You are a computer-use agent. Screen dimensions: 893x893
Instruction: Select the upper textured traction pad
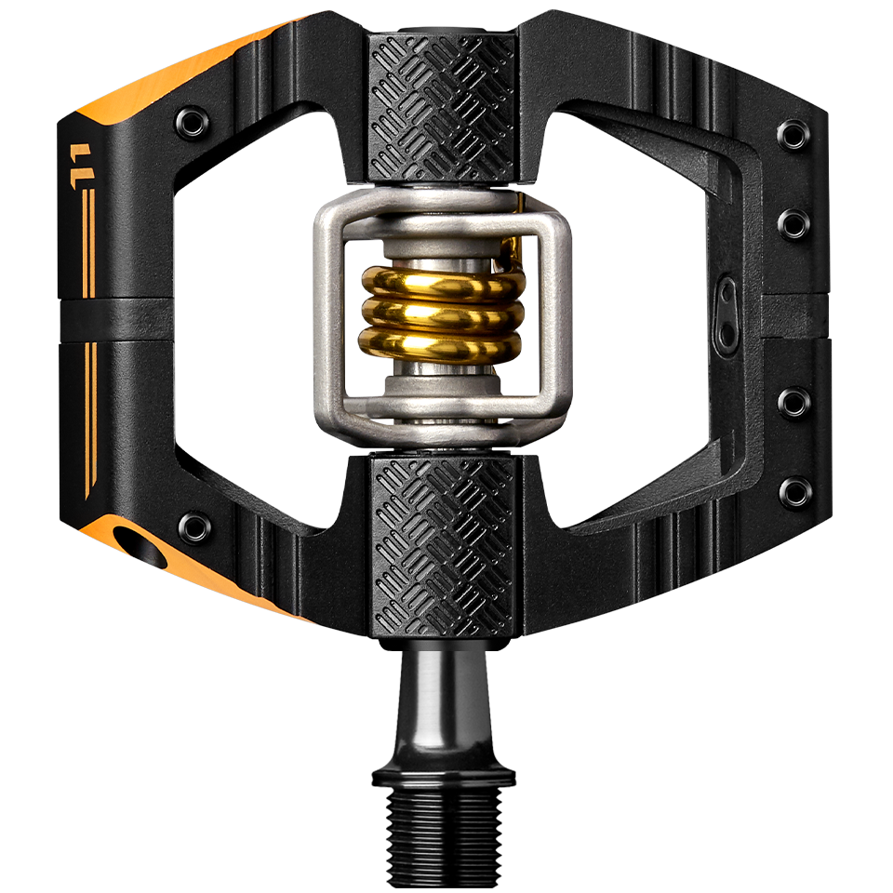(x=442, y=107)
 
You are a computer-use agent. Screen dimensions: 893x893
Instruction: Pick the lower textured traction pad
(x=442, y=544)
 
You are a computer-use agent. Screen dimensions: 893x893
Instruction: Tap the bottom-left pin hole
(x=194, y=526)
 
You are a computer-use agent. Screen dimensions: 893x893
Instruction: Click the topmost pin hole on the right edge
(x=793, y=135)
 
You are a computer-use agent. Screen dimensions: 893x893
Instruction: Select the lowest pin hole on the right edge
(x=794, y=490)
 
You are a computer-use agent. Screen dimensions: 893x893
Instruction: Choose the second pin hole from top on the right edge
(x=793, y=223)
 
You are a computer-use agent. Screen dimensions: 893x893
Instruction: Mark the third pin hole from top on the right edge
(x=793, y=403)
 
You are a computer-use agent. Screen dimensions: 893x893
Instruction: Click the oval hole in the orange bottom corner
(x=140, y=545)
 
